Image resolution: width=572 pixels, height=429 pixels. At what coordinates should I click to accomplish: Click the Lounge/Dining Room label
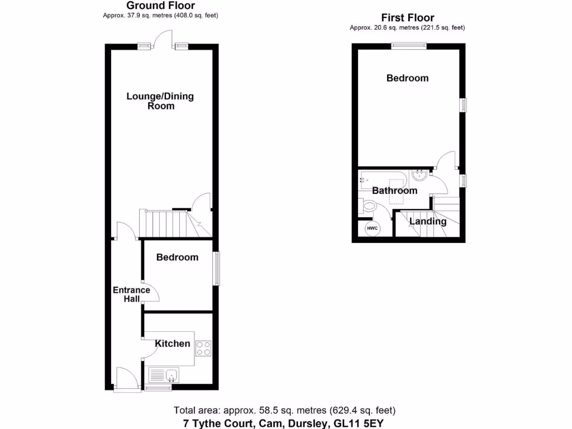160,101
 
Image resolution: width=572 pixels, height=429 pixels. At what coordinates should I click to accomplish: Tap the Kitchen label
173,344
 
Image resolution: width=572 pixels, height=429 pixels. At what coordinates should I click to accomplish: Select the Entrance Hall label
131,294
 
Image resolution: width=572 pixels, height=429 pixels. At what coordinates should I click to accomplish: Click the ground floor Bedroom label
177,258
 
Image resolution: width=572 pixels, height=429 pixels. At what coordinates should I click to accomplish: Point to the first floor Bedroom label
408,78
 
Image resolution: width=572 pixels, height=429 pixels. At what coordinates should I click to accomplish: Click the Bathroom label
395,190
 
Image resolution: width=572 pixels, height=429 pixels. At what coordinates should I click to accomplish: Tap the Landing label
428,221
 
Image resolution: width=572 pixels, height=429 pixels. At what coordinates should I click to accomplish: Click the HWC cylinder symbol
372,228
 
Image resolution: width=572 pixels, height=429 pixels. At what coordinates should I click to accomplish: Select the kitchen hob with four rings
203,349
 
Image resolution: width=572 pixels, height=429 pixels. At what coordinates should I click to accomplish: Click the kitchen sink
164,374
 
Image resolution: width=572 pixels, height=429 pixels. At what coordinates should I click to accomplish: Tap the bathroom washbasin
419,175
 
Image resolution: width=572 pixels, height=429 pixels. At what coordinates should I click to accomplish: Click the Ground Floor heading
160,6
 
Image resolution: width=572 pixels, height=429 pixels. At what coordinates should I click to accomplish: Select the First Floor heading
407,18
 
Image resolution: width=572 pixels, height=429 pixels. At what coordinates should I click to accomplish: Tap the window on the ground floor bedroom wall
216,270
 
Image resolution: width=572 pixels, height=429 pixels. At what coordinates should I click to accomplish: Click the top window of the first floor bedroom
408,46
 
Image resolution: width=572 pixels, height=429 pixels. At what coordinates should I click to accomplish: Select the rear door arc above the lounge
165,38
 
